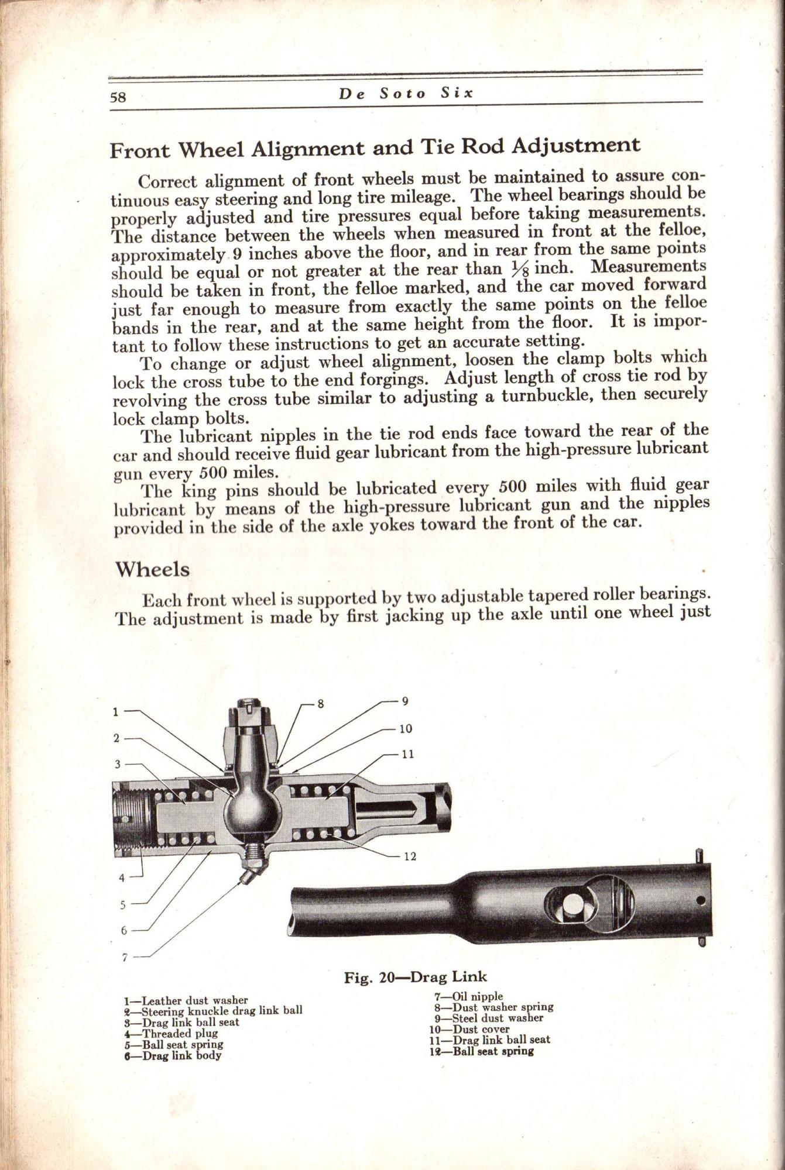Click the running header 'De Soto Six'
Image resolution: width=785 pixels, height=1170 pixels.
pyautogui.click(x=406, y=94)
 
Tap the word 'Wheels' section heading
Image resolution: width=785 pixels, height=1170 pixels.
pyautogui.click(x=152, y=569)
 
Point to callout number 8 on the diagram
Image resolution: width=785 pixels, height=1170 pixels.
pyautogui.click(x=321, y=704)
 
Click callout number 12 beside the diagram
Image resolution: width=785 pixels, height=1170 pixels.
pyautogui.click(x=410, y=856)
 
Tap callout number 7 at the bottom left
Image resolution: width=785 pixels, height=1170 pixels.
pyautogui.click(x=124, y=958)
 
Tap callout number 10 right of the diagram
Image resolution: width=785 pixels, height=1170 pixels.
pyautogui.click(x=405, y=729)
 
